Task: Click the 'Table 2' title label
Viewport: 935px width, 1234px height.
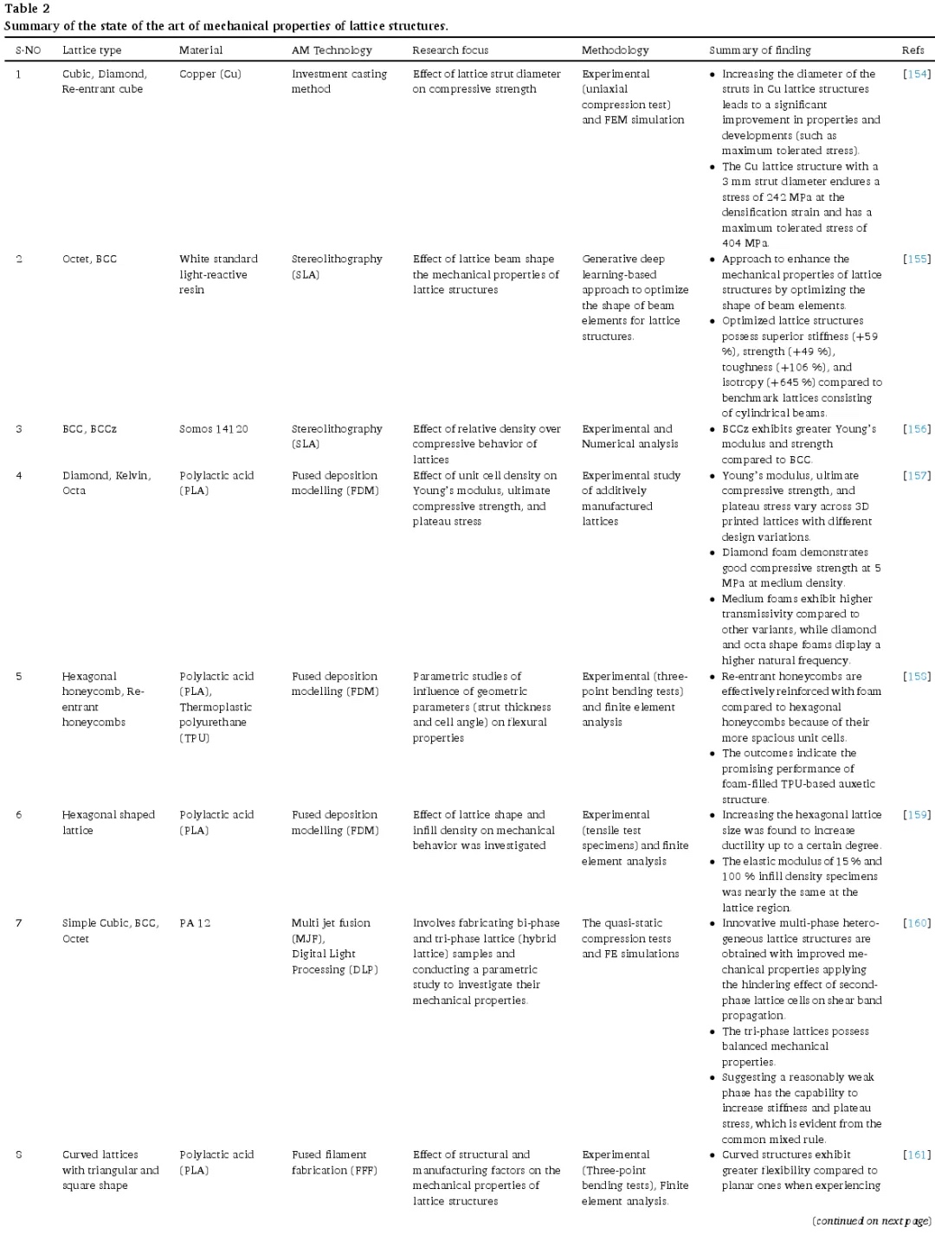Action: pos(27,9)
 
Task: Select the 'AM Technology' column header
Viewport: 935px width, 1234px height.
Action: pos(332,50)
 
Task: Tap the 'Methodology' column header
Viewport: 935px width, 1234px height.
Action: pos(615,50)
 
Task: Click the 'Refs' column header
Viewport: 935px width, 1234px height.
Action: pos(912,50)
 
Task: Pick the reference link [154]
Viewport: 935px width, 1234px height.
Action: pos(916,74)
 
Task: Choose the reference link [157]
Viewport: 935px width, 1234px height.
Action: pos(916,476)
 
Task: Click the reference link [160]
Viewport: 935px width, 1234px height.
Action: pos(916,923)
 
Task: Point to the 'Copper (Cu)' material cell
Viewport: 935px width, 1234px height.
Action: pos(210,74)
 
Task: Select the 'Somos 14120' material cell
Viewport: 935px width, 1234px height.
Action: pos(214,429)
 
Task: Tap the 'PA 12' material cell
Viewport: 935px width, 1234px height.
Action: pos(195,923)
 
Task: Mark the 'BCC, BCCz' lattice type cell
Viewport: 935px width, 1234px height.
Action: pos(89,429)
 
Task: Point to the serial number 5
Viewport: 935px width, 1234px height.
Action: pos(19,677)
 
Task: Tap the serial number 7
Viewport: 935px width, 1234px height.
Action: pos(19,923)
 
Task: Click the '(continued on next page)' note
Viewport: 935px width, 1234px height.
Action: pos(871,1221)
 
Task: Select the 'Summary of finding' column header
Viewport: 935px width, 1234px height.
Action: pos(760,50)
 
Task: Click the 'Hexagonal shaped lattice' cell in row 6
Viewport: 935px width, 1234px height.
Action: pos(108,822)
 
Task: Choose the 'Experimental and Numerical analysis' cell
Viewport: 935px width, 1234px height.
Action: pos(629,436)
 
